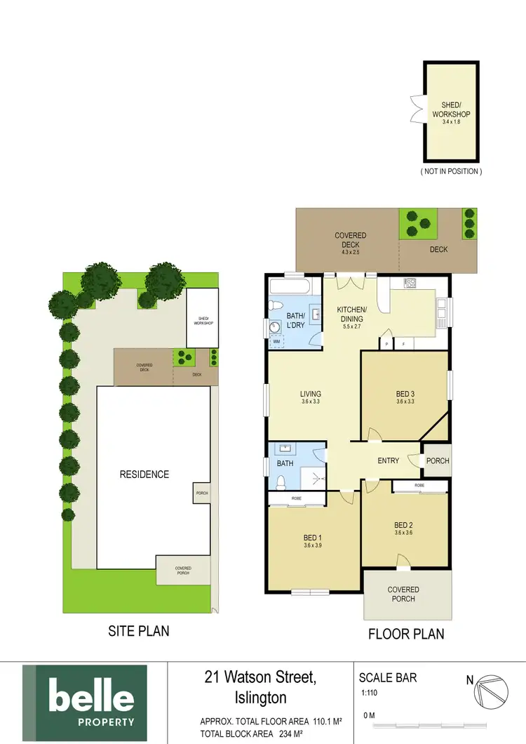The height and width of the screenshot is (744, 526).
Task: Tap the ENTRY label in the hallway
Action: (388, 461)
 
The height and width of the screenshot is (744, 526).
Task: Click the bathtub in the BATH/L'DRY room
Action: (293, 286)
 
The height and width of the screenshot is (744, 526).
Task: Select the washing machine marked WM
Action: (276, 341)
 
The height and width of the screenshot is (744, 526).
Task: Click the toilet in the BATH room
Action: (281, 483)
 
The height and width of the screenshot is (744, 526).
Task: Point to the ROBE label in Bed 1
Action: (296, 499)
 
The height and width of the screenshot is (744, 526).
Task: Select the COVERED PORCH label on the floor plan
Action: (403, 594)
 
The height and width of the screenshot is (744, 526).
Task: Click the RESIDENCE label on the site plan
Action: (144, 474)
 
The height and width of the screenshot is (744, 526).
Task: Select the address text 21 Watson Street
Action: (260, 678)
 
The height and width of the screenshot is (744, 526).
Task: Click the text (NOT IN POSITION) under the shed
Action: (451, 171)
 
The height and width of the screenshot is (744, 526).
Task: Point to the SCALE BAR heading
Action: (388, 678)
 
